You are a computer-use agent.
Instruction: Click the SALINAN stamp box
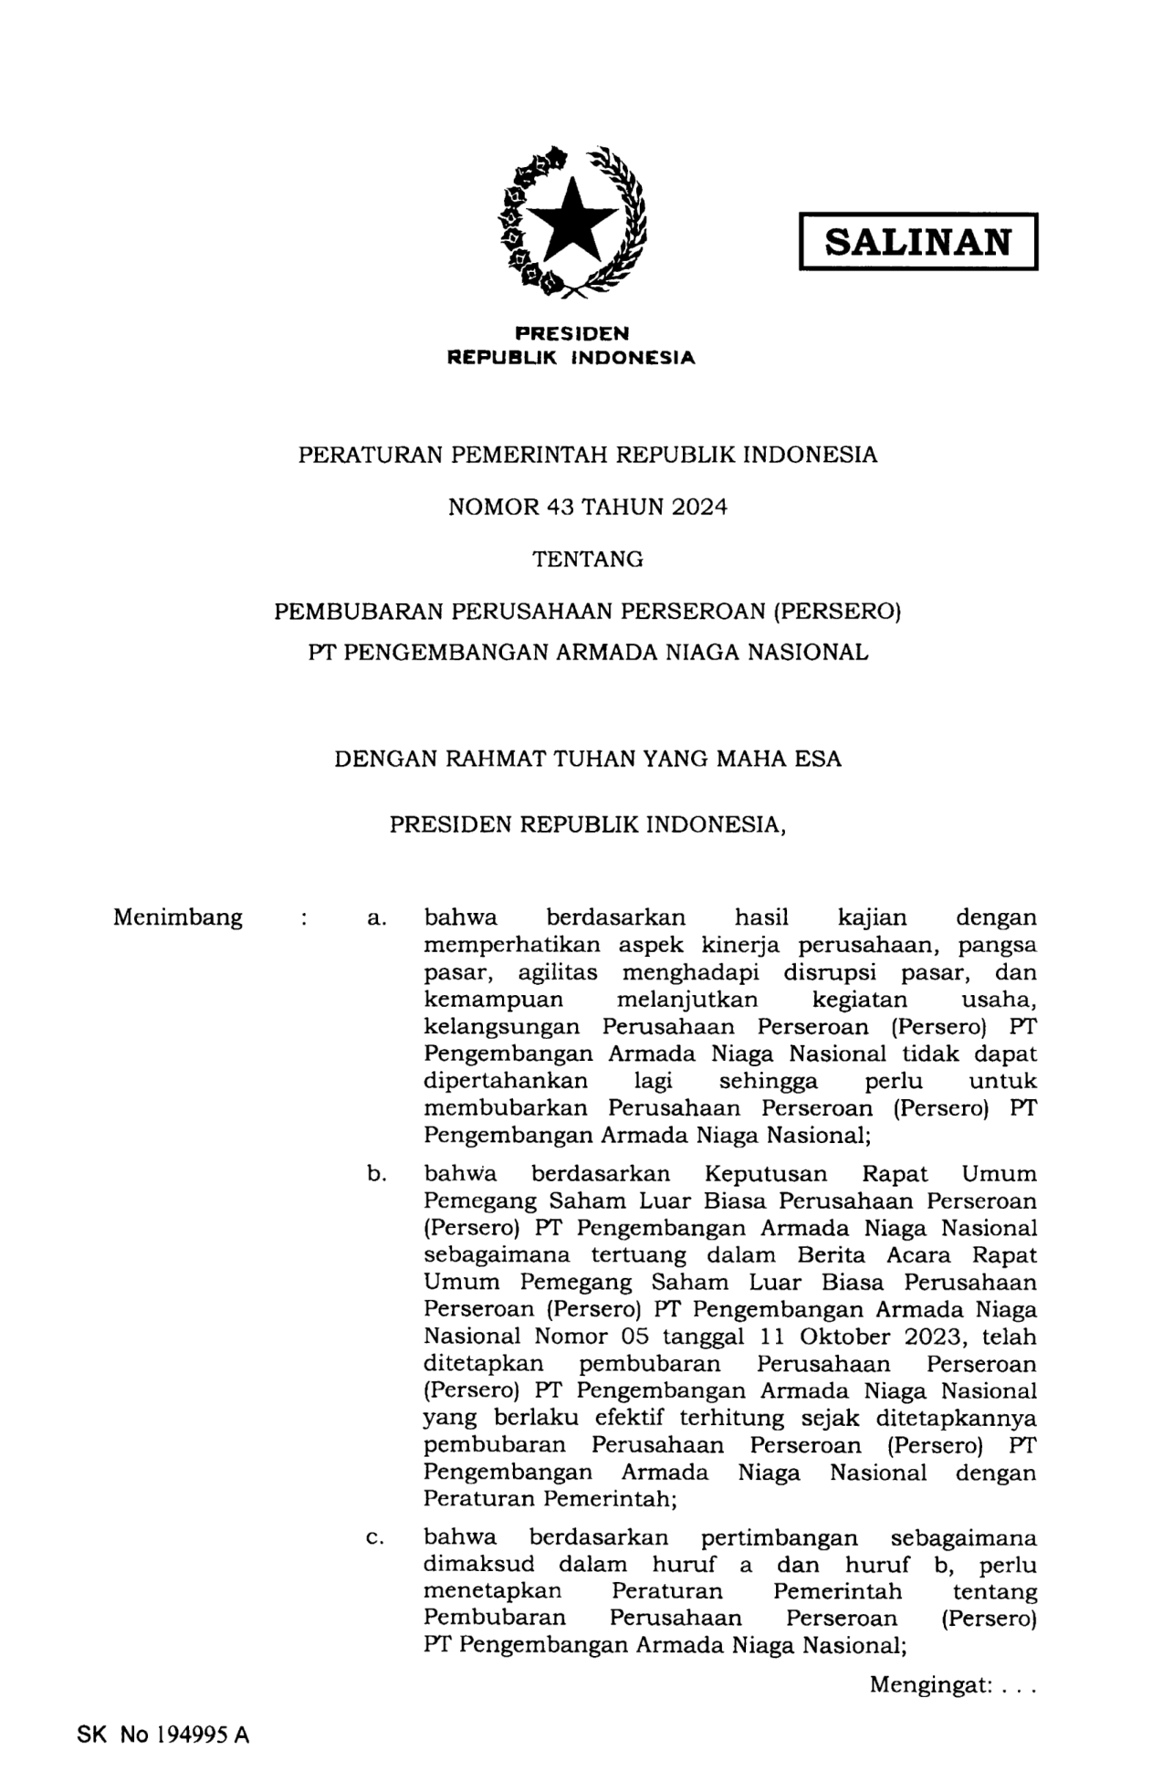tap(917, 242)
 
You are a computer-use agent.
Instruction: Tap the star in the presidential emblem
tap(572, 219)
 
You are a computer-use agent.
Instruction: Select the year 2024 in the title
tap(699, 507)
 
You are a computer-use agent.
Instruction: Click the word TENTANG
tap(588, 559)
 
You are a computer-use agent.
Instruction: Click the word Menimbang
tap(178, 917)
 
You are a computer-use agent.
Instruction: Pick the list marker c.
tap(375, 1538)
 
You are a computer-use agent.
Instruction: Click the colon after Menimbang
tap(302, 918)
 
